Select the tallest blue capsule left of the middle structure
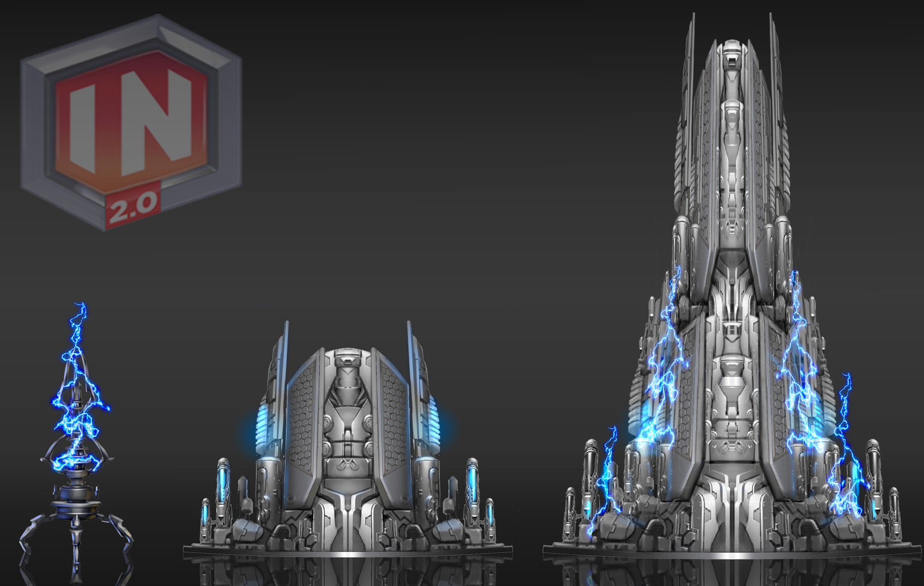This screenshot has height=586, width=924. coord(222,481)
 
